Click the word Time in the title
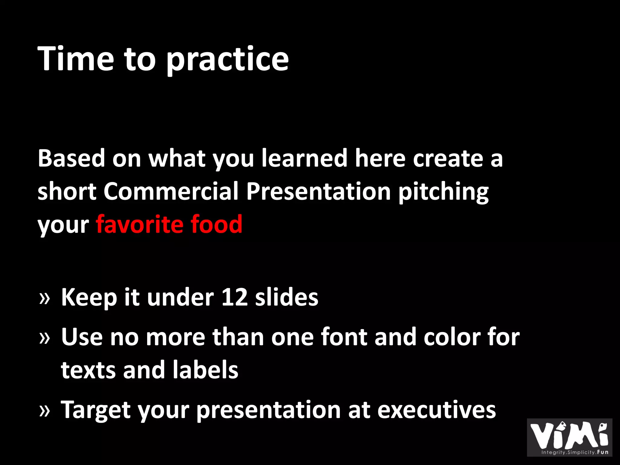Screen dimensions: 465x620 pos(76,59)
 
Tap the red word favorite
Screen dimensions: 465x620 pos(139,224)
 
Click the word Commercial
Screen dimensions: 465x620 pos(171,191)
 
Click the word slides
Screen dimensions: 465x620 pos(286,297)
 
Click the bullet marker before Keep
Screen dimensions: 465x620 pos(45,298)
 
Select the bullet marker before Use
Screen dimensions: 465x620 pos(45,338)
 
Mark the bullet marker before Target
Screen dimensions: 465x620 pos(45,411)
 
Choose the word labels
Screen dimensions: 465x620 pos(205,370)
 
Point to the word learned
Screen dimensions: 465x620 pos(305,158)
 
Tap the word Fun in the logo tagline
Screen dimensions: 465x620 pos(603,452)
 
